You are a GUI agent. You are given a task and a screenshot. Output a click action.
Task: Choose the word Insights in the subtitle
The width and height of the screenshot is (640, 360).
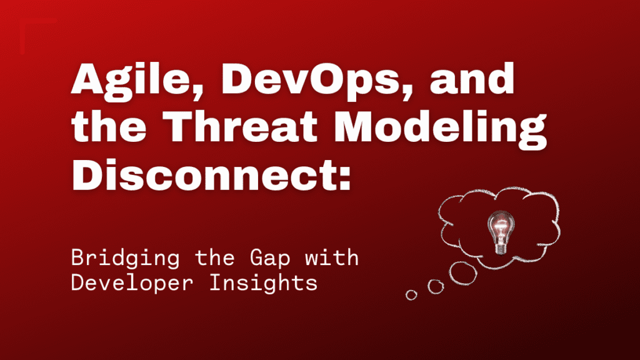263,282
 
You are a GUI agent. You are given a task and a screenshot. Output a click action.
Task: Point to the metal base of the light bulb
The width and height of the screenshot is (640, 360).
501,247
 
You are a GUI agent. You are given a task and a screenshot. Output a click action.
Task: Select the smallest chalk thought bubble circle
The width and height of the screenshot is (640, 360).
411,295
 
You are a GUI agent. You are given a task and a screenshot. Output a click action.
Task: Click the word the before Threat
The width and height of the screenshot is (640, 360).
109,126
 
